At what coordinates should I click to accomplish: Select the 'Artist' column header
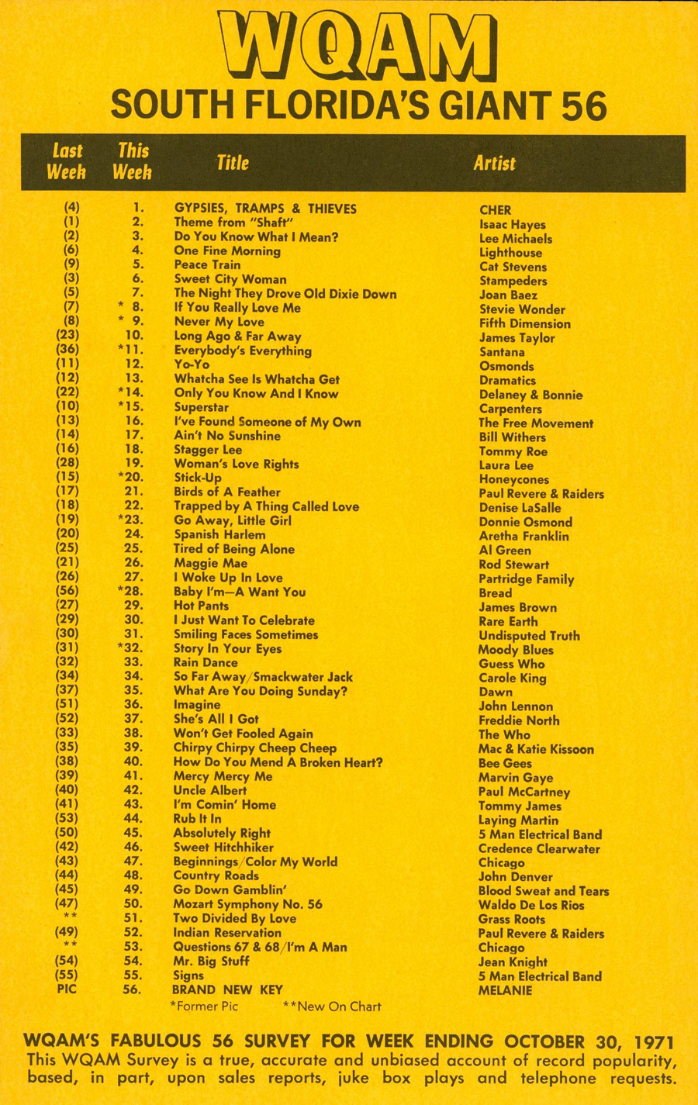[x=494, y=163]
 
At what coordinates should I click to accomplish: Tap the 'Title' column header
[x=232, y=162]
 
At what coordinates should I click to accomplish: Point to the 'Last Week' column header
[x=67, y=161]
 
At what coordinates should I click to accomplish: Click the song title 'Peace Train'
[x=207, y=265]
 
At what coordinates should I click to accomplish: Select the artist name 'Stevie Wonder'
[x=522, y=309]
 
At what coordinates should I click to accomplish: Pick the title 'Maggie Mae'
[x=210, y=563]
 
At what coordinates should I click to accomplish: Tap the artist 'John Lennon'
[x=516, y=706]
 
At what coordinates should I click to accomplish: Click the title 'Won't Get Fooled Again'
[x=243, y=734]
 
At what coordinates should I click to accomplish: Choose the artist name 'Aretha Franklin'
[x=523, y=536]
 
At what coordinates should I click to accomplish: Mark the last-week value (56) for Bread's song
[x=67, y=592]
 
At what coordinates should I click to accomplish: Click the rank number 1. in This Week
[x=138, y=208]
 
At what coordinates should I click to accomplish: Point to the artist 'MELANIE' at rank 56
[x=505, y=990]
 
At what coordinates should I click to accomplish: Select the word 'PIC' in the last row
[x=67, y=989]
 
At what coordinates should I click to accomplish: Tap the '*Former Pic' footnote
[x=204, y=1007]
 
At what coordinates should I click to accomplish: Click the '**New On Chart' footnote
[x=332, y=1007]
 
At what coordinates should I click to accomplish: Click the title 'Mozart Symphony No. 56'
[x=247, y=904]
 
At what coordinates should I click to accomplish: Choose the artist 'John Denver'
[x=515, y=877]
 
